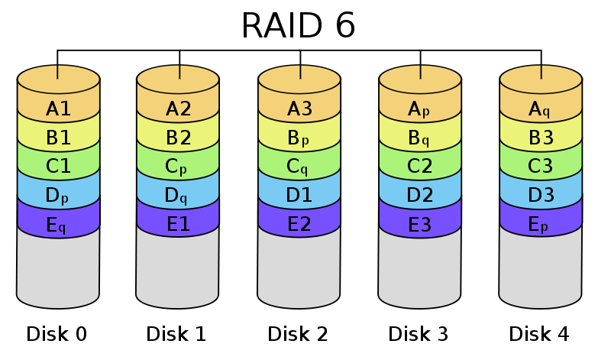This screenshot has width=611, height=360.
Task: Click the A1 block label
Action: pyautogui.click(x=59, y=109)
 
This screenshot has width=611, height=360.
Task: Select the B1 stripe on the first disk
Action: pyautogui.click(x=59, y=138)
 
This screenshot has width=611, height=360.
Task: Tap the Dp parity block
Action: pyautogui.click(x=59, y=196)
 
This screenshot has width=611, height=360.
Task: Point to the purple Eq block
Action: pyautogui.click(x=59, y=225)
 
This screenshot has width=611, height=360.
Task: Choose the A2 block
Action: pyautogui.click(x=178, y=109)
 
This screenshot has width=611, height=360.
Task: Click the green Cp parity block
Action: pyautogui.click(x=178, y=167)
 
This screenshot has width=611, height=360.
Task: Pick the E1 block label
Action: pyautogui.click(x=178, y=225)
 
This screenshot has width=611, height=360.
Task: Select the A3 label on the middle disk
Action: pyautogui.click(x=299, y=109)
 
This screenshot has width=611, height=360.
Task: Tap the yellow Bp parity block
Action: pyautogui.click(x=299, y=138)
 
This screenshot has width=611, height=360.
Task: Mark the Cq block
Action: pyautogui.click(x=299, y=167)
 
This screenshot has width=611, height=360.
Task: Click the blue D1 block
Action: pyautogui.click(x=299, y=196)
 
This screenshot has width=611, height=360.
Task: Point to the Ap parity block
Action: pyautogui.click(x=420, y=109)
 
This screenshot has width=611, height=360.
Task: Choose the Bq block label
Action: pyautogui.click(x=420, y=138)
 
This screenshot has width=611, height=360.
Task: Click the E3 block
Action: pyautogui.click(x=420, y=225)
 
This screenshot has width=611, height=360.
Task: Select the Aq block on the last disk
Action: pyautogui.click(x=541, y=109)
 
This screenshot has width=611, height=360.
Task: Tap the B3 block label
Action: pyautogui.click(x=541, y=138)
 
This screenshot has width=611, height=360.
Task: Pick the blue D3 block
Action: pyautogui.click(x=541, y=196)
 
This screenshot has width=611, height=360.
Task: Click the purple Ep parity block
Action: pyautogui.click(x=541, y=225)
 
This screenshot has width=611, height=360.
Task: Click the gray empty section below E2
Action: pyautogui.click(x=299, y=268)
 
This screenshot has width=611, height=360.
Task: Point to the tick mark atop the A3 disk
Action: pyautogui.click(x=300, y=72)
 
